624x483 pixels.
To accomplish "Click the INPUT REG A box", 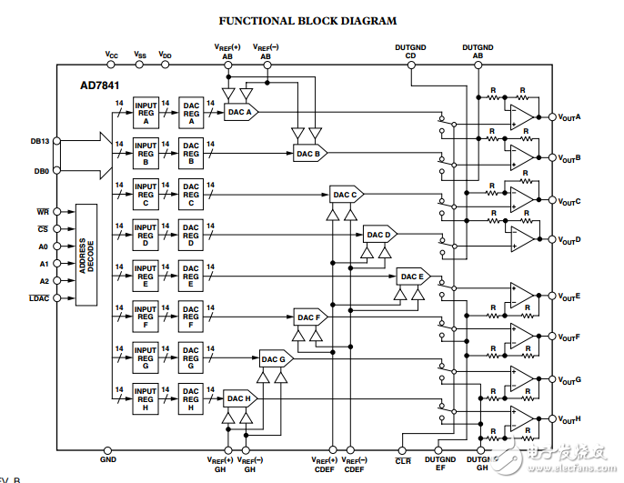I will click(146, 112).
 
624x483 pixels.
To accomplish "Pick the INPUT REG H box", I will click(146, 398).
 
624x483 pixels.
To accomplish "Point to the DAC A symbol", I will click(241, 112).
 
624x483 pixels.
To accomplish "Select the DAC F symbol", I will click(309, 317).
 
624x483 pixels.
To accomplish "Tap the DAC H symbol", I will click(240, 398).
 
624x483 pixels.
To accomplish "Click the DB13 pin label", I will click(39, 142).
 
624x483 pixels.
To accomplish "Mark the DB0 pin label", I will click(42, 170).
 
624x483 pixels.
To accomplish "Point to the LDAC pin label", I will click(39, 297).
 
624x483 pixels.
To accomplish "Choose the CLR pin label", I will click(404, 461).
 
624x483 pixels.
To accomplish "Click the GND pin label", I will click(108, 460).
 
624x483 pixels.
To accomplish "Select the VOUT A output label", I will click(570, 117).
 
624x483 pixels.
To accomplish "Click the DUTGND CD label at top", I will click(410, 50).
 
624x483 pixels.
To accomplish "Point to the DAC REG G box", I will click(190, 357).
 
